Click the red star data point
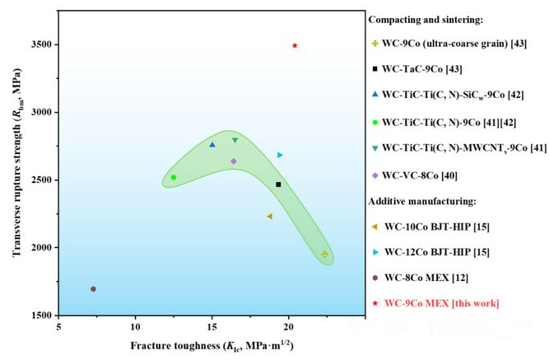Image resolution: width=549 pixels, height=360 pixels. point(295,45)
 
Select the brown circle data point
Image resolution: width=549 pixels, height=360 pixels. point(93,288)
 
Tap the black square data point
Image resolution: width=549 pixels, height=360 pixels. point(278,185)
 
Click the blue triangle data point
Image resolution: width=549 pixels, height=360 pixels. point(212,145)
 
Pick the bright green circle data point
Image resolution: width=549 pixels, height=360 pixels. point(174,177)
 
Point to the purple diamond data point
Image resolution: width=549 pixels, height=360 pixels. point(234,161)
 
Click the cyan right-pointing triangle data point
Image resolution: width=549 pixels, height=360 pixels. point(280,155)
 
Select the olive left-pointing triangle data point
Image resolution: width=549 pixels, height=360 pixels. point(269,217)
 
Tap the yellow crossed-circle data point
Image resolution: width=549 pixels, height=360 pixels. point(325,255)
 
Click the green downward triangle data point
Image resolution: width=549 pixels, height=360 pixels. point(235,140)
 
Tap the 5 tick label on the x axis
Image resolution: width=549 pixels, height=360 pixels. point(58,327)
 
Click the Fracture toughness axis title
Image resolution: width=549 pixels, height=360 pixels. point(209,345)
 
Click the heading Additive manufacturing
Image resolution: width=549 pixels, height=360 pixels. point(428,201)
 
